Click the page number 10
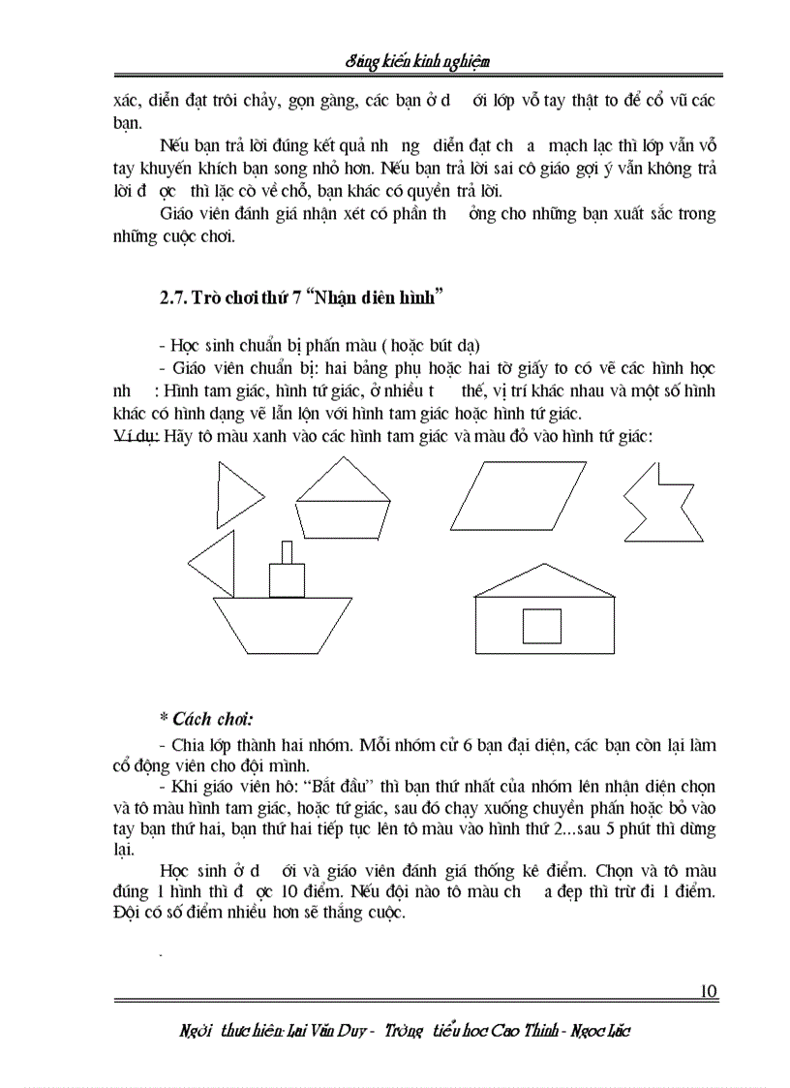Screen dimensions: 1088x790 (x=707, y=991)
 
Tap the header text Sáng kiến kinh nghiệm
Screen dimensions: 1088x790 (x=417, y=62)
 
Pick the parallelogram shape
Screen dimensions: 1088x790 (x=518, y=494)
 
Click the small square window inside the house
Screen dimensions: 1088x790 (x=541, y=625)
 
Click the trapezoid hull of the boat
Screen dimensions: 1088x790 (x=282, y=625)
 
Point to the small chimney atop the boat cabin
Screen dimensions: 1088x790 (x=285, y=551)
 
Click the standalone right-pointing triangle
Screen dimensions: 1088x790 (x=236, y=494)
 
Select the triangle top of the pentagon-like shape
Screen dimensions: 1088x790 (x=343, y=480)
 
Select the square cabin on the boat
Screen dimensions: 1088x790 (x=285, y=580)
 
